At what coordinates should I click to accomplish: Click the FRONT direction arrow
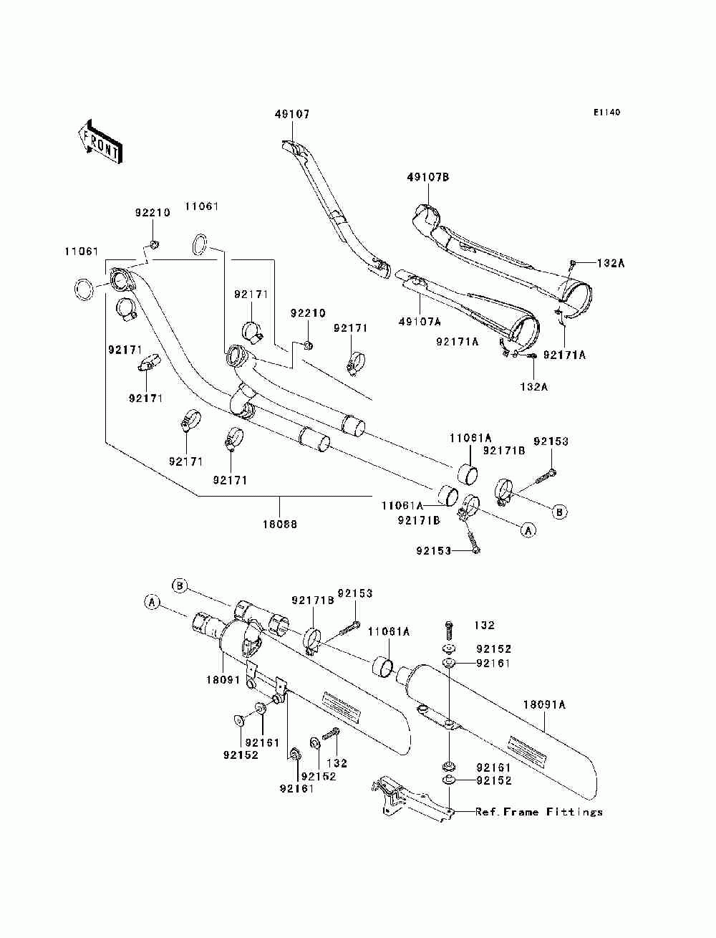[x=100, y=143]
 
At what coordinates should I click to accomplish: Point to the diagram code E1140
[x=606, y=113]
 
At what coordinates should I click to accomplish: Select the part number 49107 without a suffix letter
[x=292, y=115]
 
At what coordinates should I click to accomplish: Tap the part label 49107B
[x=427, y=177]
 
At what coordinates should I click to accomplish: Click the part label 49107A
[x=420, y=321]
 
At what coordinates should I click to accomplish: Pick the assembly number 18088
[x=280, y=524]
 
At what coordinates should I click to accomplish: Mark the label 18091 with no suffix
[x=223, y=679]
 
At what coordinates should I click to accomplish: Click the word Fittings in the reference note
[x=574, y=812]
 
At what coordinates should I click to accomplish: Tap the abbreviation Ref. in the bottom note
[x=487, y=812]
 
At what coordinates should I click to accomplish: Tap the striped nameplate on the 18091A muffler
[x=528, y=748]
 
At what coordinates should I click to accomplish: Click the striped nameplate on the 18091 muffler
[x=342, y=705]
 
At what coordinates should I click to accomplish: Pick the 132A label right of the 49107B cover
[x=611, y=263]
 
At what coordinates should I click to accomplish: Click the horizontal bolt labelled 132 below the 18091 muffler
[x=330, y=734]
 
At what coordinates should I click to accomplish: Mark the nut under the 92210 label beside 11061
[x=153, y=245]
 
